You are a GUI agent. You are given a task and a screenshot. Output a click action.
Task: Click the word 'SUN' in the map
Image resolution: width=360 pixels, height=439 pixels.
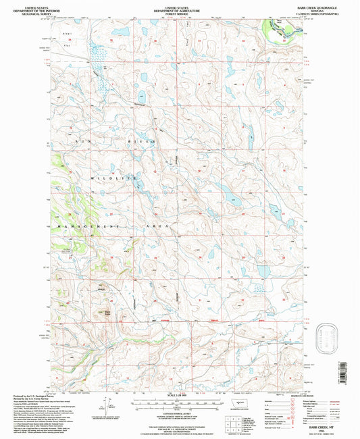(x=86, y=140)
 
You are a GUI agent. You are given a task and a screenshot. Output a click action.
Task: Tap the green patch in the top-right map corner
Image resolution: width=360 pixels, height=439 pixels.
(x=280, y=28)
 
